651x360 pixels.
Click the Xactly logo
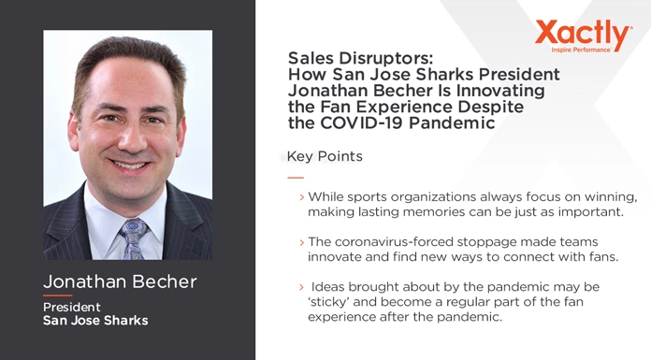click(x=584, y=35)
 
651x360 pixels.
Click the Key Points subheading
click(x=325, y=155)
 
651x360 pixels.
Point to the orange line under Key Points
click(x=296, y=177)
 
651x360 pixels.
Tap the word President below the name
click(x=71, y=307)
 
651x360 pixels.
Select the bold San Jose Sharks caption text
click(x=95, y=321)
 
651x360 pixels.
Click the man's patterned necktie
click(x=132, y=238)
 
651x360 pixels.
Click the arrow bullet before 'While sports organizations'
click(x=301, y=197)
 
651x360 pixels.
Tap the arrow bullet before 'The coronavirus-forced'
click(x=301, y=241)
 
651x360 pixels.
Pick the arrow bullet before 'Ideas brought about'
click(x=301, y=285)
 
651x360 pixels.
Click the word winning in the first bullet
click(x=610, y=197)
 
